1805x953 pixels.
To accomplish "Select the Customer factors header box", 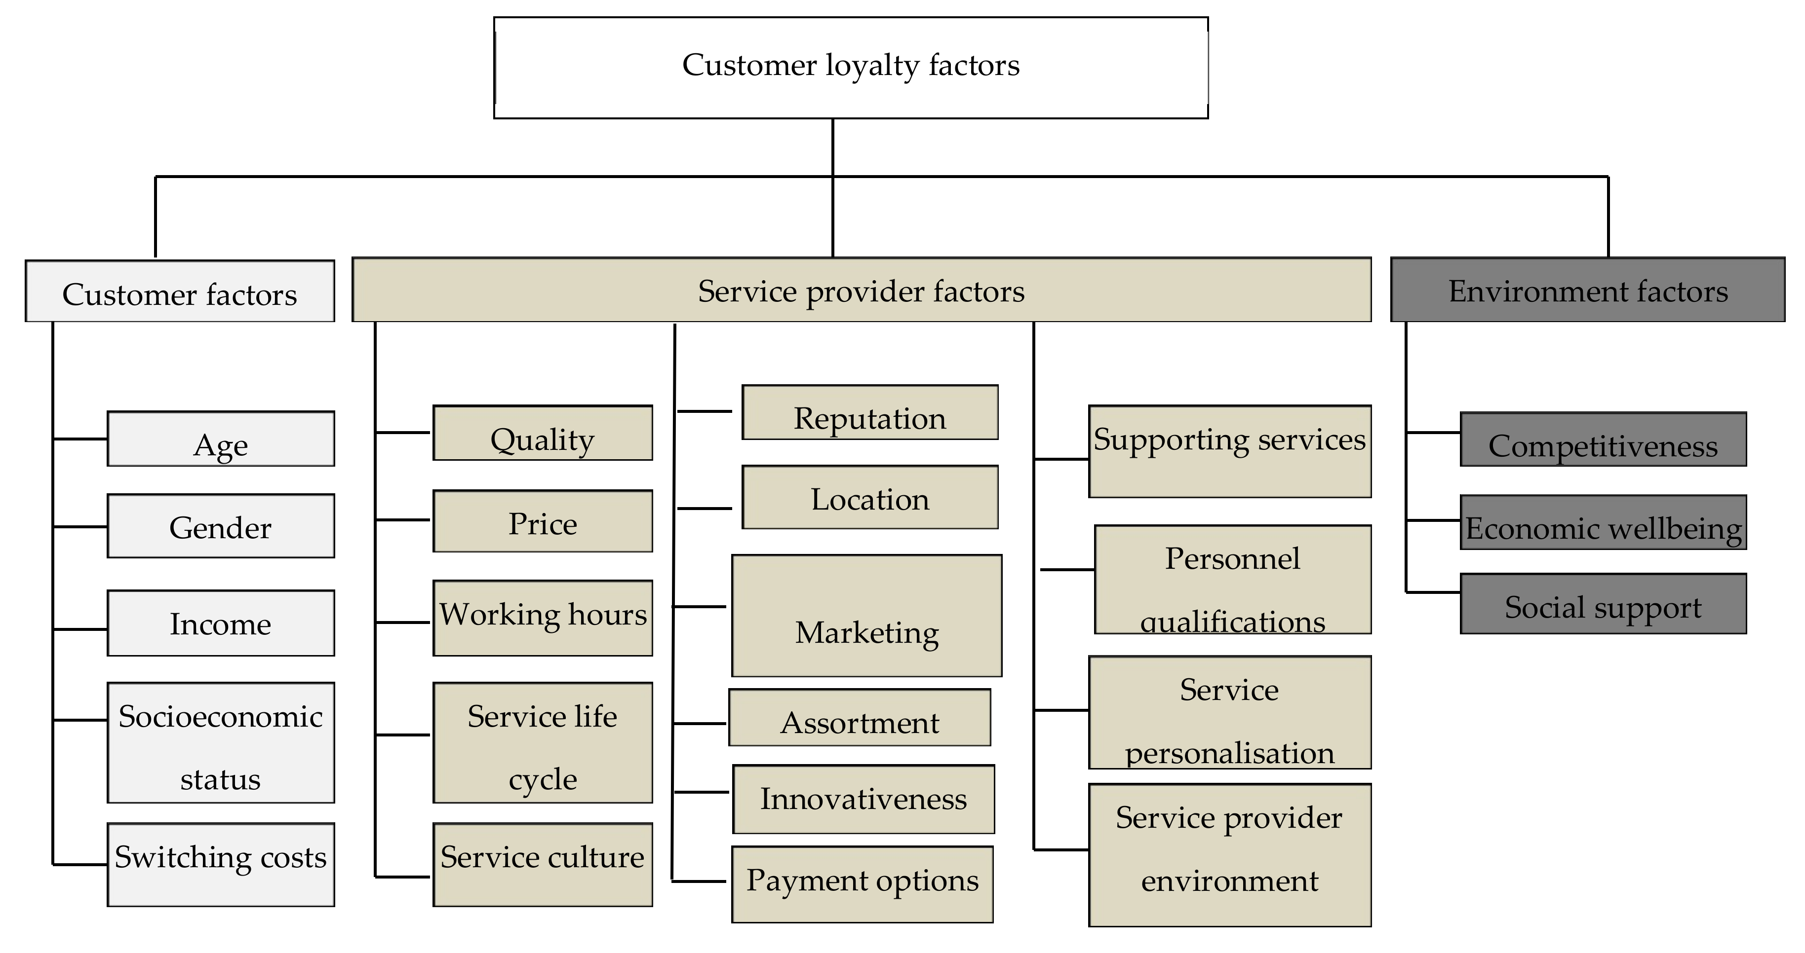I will click(x=179, y=292).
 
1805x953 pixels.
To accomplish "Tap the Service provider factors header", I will click(x=861, y=290).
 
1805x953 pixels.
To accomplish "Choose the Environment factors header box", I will click(x=1588, y=290).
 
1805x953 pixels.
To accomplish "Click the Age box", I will click(x=221, y=439).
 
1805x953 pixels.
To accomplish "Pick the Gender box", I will click(x=221, y=526).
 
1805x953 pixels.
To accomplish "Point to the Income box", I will click(x=221, y=623).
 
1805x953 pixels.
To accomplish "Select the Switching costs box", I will click(x=221, y=864).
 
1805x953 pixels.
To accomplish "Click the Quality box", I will click(x=543, y=433).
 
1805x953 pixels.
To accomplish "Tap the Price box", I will click(x=543, y=521).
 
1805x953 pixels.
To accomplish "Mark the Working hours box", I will click(x=543, y=618).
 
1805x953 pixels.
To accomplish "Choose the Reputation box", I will click(x=869, y=412).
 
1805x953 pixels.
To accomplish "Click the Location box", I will click(x=869, y=497).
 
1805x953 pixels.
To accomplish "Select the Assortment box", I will click(x=860, y=718).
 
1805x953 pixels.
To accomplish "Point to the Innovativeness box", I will click(x=863, y=799).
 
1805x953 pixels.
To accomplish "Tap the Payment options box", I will click(x=862, y=884).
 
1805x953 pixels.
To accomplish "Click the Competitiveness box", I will click(x=1603, y=439).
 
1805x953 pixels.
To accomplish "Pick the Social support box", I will click(x=1603, y=604).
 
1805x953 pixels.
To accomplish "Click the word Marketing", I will click(x=867, y=632).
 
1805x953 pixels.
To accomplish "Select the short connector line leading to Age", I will click(x=80, y=439).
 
